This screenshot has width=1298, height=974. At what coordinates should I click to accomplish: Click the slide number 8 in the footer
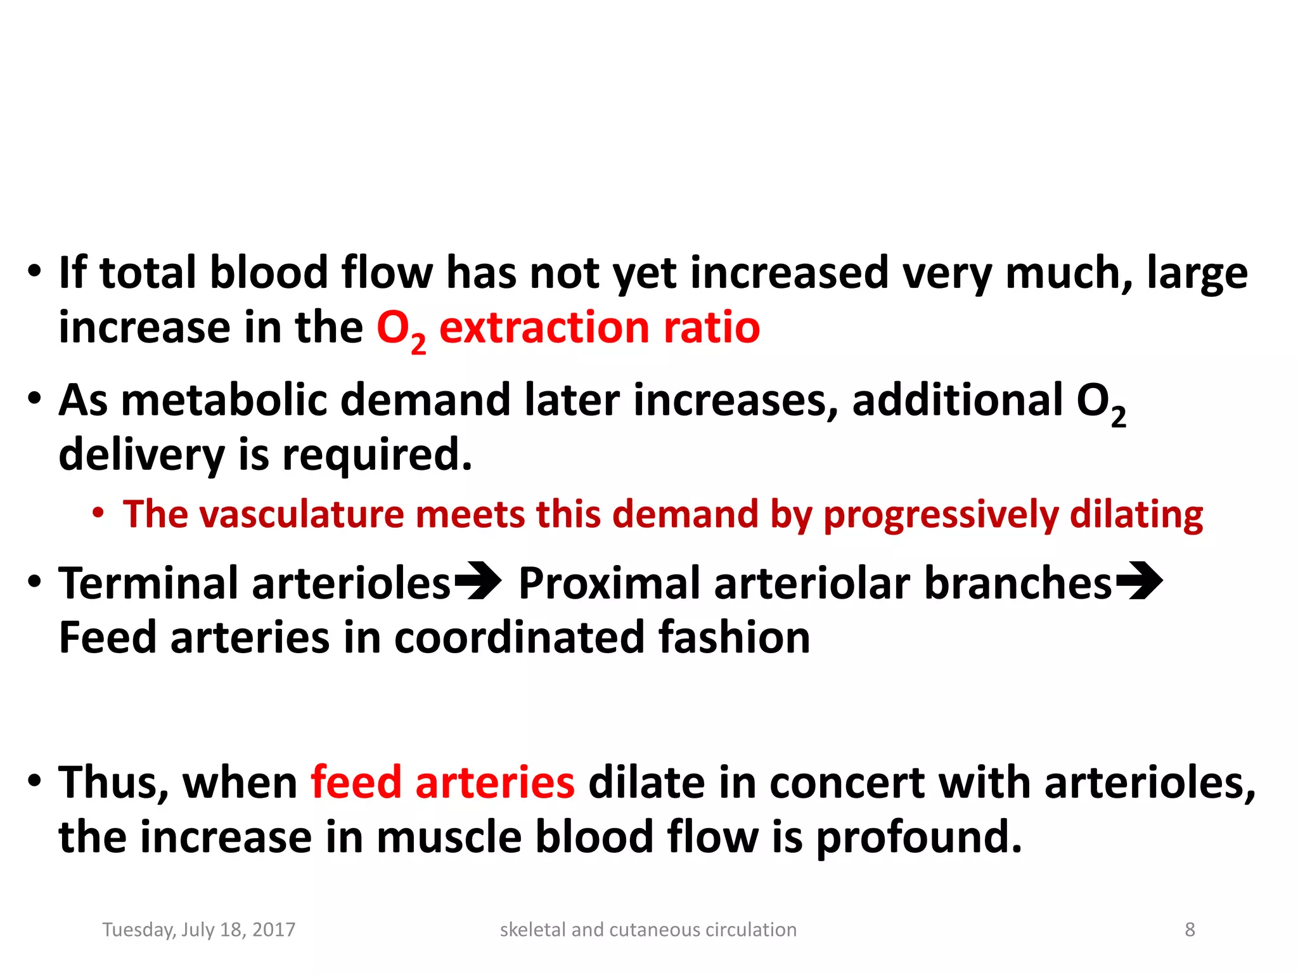tap(1190, 930)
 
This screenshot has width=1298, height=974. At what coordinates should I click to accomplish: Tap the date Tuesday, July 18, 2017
tap(199, 930)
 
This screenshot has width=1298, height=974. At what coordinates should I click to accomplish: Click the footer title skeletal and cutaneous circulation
tap(648, 930)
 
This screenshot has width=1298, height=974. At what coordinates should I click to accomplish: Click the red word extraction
tap(544, 328)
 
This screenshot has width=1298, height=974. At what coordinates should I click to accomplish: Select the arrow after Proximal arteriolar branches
tap(1139, 581)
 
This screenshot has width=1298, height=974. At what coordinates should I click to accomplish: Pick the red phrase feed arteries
tap(442, 782)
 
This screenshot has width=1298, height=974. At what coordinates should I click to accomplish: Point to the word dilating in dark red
tap(1136, 515)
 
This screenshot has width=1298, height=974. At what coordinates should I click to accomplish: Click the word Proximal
tap(609, 583)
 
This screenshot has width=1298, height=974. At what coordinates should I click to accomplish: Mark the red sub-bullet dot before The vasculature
tap(98, 512)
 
